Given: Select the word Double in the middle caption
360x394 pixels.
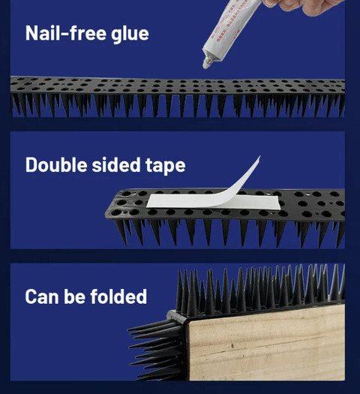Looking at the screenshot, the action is tap(56, 164).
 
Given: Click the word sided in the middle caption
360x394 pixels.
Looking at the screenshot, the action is tap(116, 164).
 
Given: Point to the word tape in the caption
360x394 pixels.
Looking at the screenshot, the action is tap(166, 166).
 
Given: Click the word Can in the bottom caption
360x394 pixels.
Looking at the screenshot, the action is tap(42, 296).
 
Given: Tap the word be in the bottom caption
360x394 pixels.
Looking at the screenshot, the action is tap(75, 296).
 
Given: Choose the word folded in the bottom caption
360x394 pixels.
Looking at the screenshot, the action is tap(118, 296).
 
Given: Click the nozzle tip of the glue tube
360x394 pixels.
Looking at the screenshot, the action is tap(205, 65).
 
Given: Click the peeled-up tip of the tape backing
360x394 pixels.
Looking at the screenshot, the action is tap(259, 156).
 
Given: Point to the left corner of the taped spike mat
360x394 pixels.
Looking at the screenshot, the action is tap(106, 215).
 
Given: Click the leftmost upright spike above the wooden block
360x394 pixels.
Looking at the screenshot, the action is tap(179, 290).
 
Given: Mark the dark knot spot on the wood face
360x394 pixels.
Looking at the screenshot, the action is tap(232, 346).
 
